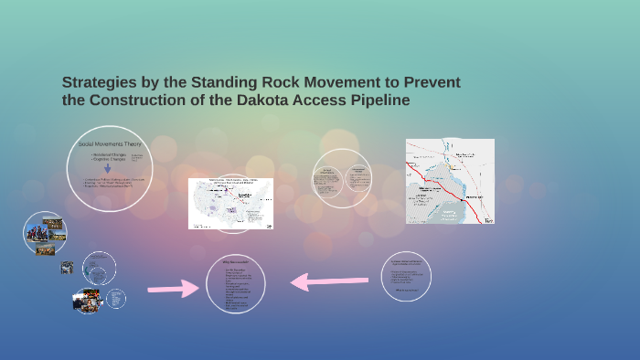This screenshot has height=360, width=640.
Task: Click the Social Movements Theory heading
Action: coord(111,144)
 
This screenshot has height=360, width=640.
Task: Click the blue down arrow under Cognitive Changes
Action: coord(108,168)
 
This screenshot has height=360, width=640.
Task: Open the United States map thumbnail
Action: coord(231,203)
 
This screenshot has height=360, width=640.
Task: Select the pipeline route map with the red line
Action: coord(450,182)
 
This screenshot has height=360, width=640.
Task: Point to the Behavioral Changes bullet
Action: coord(108,155)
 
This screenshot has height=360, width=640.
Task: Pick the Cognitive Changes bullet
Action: coord(108,162)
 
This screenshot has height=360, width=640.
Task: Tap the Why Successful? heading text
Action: coord(233,263)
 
